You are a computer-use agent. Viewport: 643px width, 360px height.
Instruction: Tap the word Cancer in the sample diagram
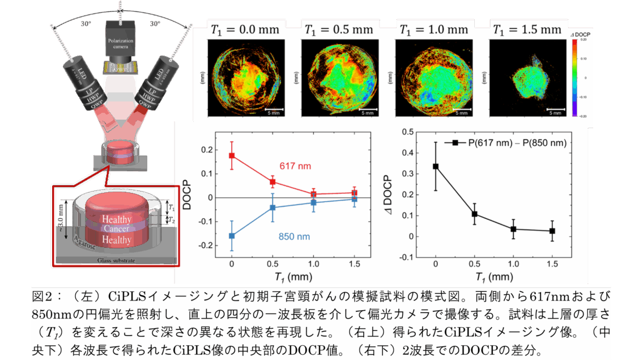click(116, 228)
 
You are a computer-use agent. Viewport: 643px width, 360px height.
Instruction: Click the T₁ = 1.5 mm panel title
click(526, 29)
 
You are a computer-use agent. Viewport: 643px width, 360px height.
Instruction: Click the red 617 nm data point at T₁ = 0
click(232, 155)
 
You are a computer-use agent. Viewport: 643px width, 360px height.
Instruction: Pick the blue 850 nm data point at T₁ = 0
click(232, 235)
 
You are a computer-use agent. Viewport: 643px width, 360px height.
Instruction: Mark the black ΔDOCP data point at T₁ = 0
click(436, 166)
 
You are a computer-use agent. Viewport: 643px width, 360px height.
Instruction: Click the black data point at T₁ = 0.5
click(475, 214)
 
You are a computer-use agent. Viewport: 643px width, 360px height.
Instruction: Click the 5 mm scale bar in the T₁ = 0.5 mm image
click(367, 109)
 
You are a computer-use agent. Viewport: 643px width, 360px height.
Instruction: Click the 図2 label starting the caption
click(42, 297)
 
